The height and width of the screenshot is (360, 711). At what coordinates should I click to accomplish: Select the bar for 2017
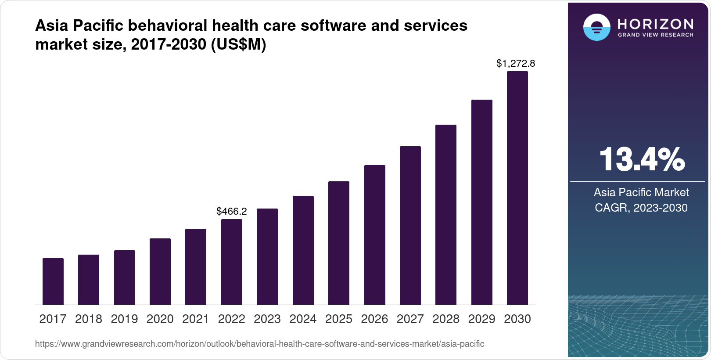tap(53, 281)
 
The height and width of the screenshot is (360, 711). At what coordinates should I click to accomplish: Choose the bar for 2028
tap(446, 215)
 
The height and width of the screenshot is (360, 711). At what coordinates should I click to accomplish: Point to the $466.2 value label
tap(232, 211)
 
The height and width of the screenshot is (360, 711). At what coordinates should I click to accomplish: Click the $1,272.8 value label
tap(516, 64)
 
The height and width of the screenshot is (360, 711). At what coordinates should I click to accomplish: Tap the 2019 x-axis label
tap(124, 319)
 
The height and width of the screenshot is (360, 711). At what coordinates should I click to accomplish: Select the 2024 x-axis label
tap(303, 319)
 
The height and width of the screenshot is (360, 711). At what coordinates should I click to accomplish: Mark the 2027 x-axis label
tap(410, 319)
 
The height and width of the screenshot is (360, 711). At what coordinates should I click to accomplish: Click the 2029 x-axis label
tap(481, 319)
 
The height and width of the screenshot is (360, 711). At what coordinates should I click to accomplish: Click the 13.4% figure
tap(642, 159)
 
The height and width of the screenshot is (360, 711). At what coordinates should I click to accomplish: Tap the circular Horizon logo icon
tap(596, 27)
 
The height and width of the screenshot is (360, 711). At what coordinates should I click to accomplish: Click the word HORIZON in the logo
tap(656, 24)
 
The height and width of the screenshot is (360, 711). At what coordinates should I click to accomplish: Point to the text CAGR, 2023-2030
tap(641, 208)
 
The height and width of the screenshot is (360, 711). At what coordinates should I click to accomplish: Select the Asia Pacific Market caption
tap(641, 192)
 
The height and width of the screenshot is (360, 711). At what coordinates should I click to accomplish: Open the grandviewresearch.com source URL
tap(259, 344)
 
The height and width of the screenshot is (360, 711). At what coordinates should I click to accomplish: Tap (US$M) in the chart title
tap(239, 44)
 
